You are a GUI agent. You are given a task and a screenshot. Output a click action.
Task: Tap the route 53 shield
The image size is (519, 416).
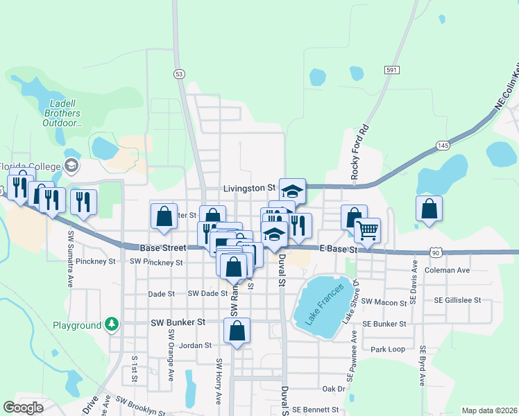(x=180, y=73)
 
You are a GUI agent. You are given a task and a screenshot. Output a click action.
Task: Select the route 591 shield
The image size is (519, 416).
(x=392, y=70)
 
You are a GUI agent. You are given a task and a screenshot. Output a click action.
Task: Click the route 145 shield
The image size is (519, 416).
(x=443, y=146)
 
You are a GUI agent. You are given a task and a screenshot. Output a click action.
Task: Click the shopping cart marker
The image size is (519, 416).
(x=367, y=229)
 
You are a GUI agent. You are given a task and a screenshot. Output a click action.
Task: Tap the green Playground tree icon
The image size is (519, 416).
(x=111, y=324)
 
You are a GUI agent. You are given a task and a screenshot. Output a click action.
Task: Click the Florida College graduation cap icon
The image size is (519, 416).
(x=71, y=165)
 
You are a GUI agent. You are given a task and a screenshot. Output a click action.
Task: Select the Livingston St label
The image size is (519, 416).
(x=250, y=188)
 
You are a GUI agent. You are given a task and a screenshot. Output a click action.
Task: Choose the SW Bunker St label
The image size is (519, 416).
(x=178, y=322)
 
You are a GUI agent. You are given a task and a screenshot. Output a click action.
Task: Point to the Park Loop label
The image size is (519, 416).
(x=388, y=349)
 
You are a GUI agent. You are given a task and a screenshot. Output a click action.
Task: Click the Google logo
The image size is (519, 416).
(x=24, y=408)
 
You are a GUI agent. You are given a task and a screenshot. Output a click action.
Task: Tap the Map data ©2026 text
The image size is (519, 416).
(x=489, y=410)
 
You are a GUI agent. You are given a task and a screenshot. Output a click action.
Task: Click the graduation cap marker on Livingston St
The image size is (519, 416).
(x=292, y=190)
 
